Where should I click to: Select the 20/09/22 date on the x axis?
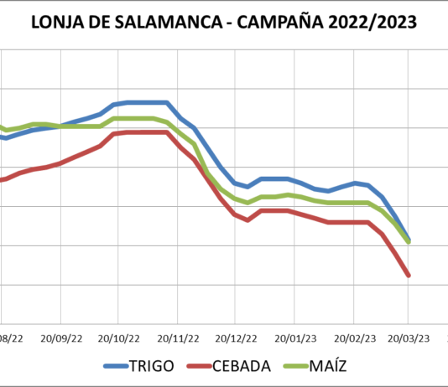[x=60, y=338]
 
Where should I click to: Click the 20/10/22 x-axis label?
[x=118, y=338]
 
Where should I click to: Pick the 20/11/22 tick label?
[x=176, y=338]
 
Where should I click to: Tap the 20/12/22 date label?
[x=234, y=338]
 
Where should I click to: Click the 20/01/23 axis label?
[x=293, y=338]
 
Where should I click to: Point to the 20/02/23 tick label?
[x=351, y=338]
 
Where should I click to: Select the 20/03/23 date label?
[x=409, y=338]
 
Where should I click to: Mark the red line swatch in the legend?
[x=198, y=367]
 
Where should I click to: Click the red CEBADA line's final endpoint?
[x=409, y=275]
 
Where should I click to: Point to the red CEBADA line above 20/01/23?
[x=293, y=211]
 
